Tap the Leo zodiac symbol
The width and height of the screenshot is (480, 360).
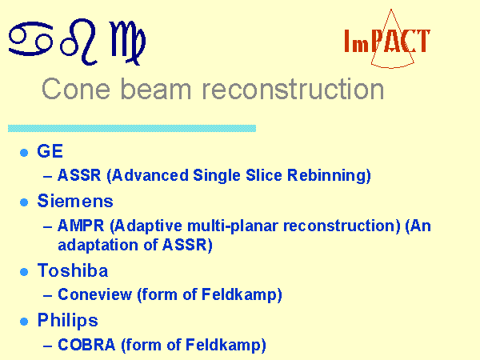point(78,42)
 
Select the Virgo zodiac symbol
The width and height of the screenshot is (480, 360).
point(127,43)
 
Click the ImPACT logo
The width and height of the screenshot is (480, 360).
point(387,39)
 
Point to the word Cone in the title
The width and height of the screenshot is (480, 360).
point(76,89)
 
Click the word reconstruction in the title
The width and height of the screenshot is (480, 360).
point(293,89)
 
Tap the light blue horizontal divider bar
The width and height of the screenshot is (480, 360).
point(132,128)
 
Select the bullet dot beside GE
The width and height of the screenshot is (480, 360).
point(24,153)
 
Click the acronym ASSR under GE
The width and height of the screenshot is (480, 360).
point(79,175)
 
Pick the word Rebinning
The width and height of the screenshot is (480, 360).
point(326,176)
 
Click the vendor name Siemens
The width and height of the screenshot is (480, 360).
point(75,201)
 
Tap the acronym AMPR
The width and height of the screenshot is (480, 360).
point(81,226)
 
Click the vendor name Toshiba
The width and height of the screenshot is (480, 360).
point(73,270)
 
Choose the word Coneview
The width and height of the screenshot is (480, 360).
point(95,294)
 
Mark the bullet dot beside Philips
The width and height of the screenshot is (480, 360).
point(24,322)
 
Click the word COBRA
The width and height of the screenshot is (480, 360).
point(86,345)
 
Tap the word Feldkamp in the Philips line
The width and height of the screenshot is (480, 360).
point(223,346)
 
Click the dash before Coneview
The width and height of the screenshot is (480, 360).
point(47,296)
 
